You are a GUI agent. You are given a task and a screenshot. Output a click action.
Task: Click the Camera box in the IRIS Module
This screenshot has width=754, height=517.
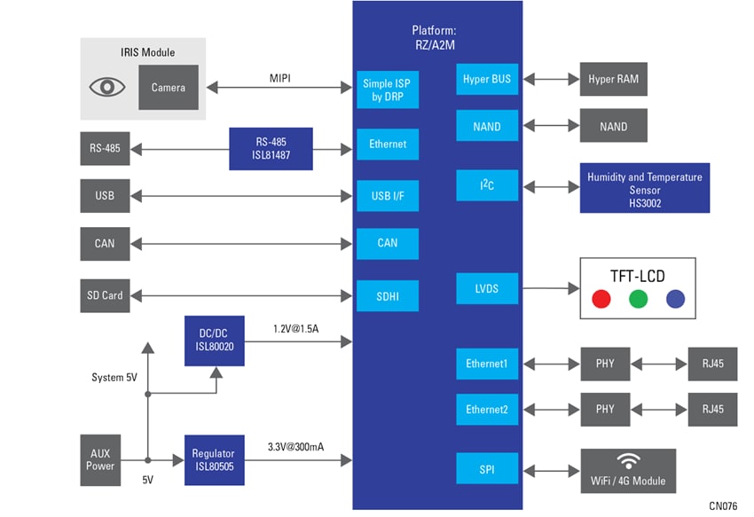(x=168, y=87)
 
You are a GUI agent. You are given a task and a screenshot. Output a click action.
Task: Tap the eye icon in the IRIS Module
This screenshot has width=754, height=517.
(x=106, y=87)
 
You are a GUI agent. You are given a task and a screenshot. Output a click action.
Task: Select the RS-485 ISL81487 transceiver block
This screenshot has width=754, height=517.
(x=271, y=148)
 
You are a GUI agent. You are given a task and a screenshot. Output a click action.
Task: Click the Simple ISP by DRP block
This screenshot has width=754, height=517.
(x=388, y=90)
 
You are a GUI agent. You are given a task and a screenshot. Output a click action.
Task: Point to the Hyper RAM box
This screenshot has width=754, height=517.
(x=613, y=79)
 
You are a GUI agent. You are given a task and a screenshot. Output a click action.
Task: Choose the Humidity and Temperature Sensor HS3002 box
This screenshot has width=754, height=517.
(x=645, y=187)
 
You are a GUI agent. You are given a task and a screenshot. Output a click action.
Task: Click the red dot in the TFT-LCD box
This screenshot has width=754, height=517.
(x=601, y=298)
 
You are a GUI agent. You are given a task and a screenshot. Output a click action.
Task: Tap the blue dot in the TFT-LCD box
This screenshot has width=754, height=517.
(x=675, y=298)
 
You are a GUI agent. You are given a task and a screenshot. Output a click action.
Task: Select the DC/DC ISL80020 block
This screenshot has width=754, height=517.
(x=214, y=340)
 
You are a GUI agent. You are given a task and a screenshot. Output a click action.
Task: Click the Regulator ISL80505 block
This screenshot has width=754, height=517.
(x=214, y=459)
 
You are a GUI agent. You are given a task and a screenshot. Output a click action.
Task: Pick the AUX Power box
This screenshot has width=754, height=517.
(x=100, y=459)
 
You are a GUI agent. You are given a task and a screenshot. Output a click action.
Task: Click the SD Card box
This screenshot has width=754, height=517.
(x=106, y=294)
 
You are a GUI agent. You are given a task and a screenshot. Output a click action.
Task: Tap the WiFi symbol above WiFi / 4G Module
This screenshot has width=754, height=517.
(x=629, y=461)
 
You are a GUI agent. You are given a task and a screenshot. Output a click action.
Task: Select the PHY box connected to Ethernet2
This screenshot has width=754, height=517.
(x=605, y=409)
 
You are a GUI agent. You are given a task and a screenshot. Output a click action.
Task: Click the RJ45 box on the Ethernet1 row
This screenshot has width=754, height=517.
(x=712, y=364)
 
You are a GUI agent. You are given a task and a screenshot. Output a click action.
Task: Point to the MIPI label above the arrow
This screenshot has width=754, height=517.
(x=280, y=78)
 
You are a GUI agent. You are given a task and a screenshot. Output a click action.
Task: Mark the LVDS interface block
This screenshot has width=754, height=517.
(x=487, y=288)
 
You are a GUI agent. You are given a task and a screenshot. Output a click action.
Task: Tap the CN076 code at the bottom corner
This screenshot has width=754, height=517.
(x=724, y=505)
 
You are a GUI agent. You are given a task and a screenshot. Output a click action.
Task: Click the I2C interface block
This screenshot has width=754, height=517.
(x=487, y=186)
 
